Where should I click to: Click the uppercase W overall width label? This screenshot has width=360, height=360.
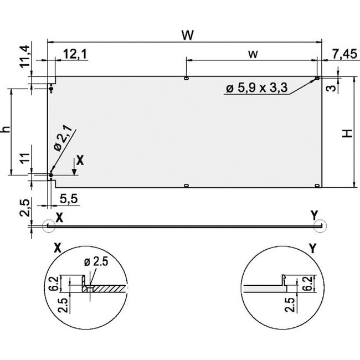coord(188,35)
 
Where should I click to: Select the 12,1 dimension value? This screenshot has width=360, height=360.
coord(75,53)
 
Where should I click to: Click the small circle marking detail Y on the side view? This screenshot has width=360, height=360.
coord(320,225)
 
